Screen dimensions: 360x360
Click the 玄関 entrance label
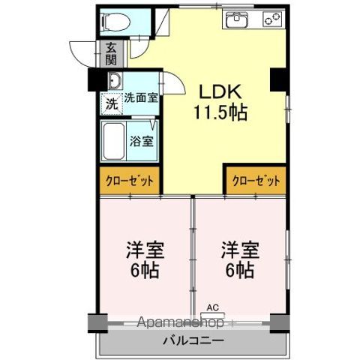click(x=111, y=53)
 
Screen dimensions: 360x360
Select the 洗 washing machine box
click(x=110, y=103)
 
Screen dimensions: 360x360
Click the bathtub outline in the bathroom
click(x=114, y=141)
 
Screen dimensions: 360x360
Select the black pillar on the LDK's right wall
click(x=277, y=77)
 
